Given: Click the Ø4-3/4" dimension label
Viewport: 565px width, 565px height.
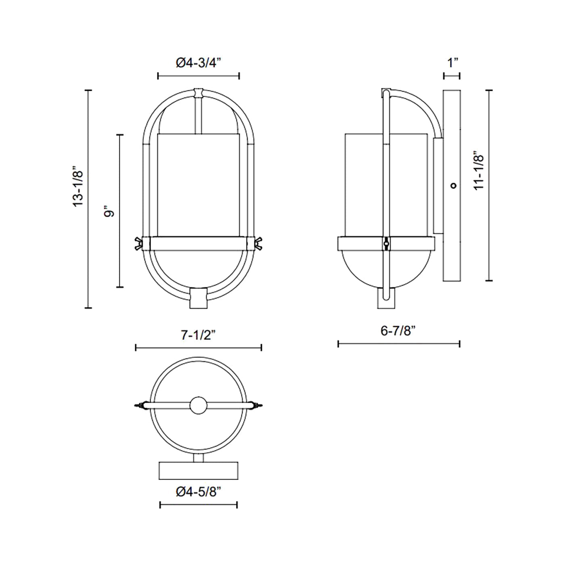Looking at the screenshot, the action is (198, 63).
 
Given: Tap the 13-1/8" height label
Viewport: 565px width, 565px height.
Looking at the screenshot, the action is (79, 187).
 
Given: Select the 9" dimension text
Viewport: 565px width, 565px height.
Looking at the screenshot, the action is (109, 213).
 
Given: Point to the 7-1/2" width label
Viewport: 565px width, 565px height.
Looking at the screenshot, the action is (199, 335).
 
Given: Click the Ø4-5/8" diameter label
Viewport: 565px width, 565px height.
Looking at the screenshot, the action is (198, 492).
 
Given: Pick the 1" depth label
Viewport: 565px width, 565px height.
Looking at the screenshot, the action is (453, 63).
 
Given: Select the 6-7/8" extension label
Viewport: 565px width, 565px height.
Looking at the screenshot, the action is (398, 331).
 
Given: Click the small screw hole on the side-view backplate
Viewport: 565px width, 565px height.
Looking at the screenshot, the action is (454, 185).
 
